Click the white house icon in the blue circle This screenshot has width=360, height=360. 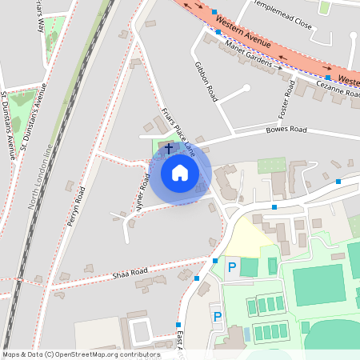(180, 173)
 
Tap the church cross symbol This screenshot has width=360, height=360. (168, 148)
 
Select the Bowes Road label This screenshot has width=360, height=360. (286, 130)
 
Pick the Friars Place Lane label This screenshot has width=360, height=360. (178, 128)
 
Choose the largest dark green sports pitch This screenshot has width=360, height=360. (319, 285)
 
